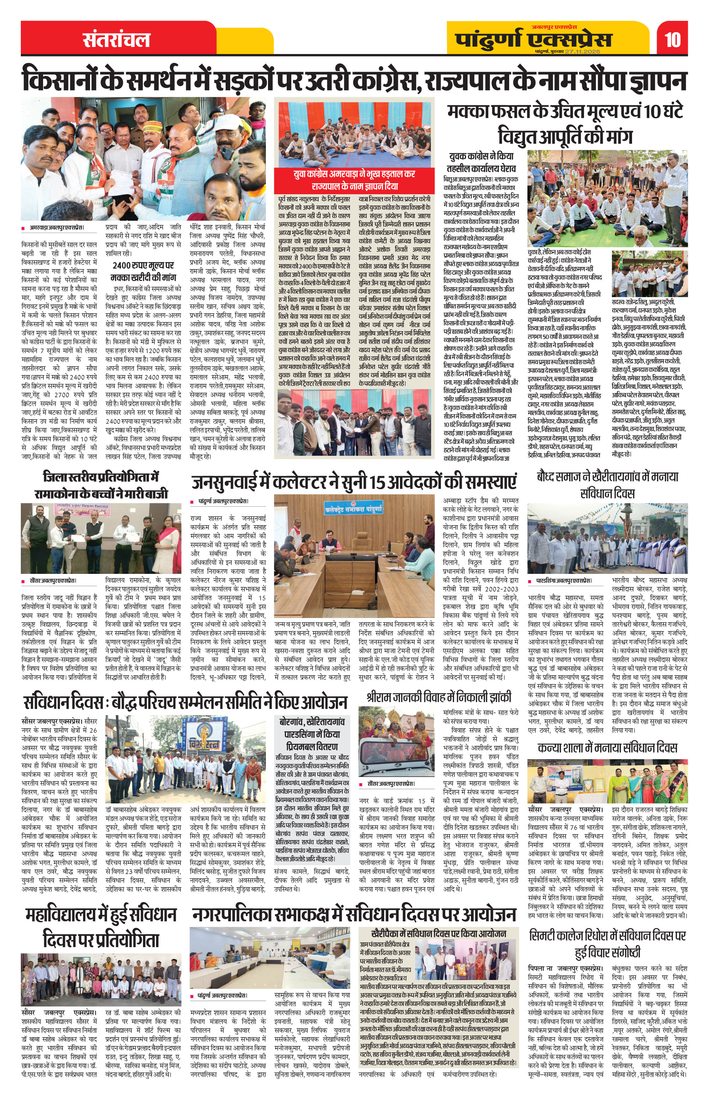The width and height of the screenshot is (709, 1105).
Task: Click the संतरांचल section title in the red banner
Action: (x=117, y=40)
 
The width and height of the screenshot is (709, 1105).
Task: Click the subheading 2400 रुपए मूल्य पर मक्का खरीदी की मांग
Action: (x=143, y=271)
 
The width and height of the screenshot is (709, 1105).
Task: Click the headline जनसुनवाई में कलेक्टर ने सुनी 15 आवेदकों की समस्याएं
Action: (x=354, y=482)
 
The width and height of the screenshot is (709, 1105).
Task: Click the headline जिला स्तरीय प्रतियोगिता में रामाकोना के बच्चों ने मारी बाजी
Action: (x=101, y=485)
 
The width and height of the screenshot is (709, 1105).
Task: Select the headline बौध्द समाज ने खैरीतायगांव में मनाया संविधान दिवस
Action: (x=607, y=485)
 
